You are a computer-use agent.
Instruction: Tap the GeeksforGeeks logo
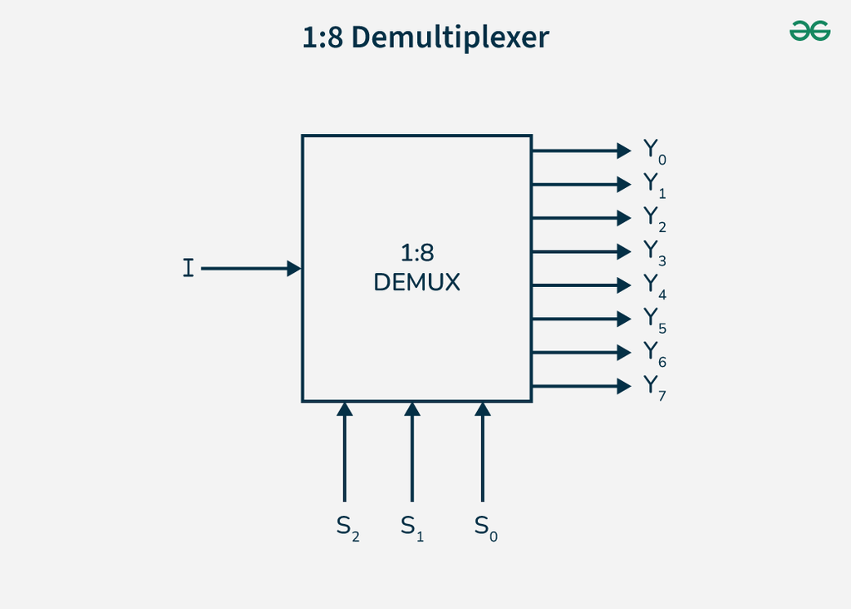(x=809, y=32)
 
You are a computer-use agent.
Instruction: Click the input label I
(x=189, y=269)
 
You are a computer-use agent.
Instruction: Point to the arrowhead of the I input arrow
(x=293, y=269)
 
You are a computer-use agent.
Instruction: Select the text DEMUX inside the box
(x=416, y=283)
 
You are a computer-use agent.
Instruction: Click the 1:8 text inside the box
(x=416, y=254)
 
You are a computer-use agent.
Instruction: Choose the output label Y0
(x=654, y=151)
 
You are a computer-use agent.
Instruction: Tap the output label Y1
(x=654, y=185)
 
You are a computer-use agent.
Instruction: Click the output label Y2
(x=654, y=219)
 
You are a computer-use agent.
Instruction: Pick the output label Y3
(x=654, y=252)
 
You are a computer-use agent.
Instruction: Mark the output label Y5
(x=654, y=319)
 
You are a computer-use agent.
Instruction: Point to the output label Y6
(x=654, y=354)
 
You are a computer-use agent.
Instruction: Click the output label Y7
(x=654, y=388)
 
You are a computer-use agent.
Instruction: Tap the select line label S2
(x=347, y=527)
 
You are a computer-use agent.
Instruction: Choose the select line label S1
(x=411, y=527)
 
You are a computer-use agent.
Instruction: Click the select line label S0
(x=485, y=527)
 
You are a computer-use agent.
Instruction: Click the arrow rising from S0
(x=482, y=453)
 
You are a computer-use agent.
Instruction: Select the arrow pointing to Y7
(x=582, y=385)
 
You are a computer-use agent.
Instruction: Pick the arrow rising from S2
(x=344, y=453)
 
